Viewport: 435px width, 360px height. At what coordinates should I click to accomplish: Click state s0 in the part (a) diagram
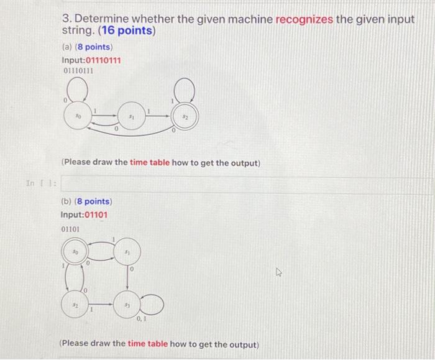[78, 116]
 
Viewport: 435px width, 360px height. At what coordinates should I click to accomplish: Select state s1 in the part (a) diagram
[131, 116]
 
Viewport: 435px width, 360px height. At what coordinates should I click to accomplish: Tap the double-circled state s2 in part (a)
[184, 116]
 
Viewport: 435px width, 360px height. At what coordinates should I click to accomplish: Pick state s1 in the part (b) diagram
[127, 253]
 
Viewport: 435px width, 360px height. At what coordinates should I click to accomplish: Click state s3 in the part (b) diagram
[127, 306]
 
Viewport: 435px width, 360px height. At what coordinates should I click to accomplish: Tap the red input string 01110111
[103, 60]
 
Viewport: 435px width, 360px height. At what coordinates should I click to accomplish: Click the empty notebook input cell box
[245, 185]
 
